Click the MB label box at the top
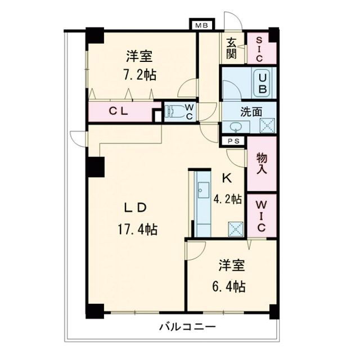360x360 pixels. coord(200,25)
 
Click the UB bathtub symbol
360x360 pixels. coord(263,83)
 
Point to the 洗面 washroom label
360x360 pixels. coord(251,111)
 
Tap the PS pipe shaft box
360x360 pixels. coord(233,141)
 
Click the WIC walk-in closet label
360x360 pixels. coord(262,217)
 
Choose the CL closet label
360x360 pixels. coord(119,111)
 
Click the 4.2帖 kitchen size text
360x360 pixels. coord(228,199)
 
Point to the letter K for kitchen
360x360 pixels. coord(227,179)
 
